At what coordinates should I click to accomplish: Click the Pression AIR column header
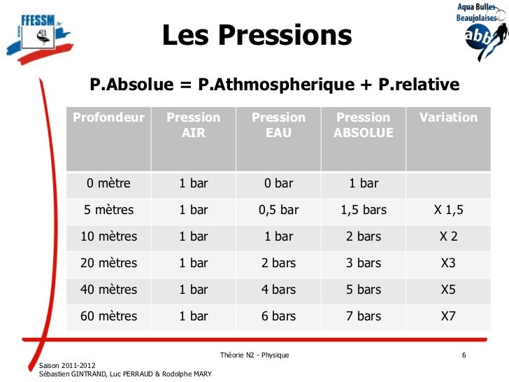pyautogui.click(x=193, y=125)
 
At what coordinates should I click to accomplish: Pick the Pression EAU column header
pyautogui.click(x=278, y=125)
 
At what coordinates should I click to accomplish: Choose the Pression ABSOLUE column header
pyautogui.click(x=363, y=125)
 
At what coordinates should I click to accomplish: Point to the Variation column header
pyautogui.click(x=448, y=118)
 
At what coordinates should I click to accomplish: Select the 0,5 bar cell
pyautogui.click(x=278, y=211)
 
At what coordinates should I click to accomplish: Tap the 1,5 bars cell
pyautogui.click(x=364, y=211)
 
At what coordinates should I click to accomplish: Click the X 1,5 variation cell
pyautogui.click(x=448, y=211)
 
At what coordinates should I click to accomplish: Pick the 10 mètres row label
pyautogui.click(x=109, y=236)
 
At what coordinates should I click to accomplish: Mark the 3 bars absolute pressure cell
pyautogui.click(x=364, y=263)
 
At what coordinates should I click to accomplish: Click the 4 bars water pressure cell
pyautogui.click(x=278, y=290)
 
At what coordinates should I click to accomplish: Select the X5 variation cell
pyautogui.click(x=448, y=290)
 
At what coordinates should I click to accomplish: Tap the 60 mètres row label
pyautogui.click(x=109, y=316)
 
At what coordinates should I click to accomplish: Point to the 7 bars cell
pyautogui.click(x=364, y=316)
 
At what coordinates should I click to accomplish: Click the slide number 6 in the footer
pyautogui.click(x=464, y=356)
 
